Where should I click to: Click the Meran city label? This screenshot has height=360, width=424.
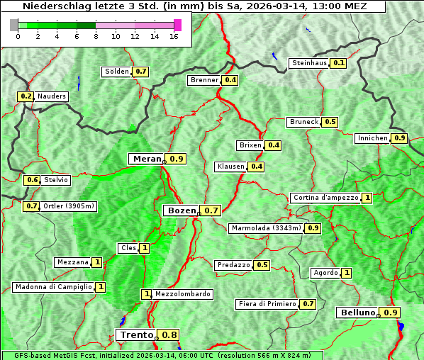[147, 159]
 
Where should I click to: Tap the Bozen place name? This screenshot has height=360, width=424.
[181, 210]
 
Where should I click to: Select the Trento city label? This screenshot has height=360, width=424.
[137, 335]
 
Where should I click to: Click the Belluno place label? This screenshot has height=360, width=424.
[356, 313]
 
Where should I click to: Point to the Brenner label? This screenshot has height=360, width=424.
[205, 81]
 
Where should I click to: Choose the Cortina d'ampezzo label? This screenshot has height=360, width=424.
[325, 198]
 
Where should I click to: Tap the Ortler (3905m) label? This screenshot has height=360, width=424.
[69, 206]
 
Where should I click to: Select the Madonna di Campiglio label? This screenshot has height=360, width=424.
[53, 287]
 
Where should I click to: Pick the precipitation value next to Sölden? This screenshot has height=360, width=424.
[141, 72]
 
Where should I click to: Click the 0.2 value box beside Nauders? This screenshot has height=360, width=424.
[26, 96]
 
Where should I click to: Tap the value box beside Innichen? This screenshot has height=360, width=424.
[400, 138]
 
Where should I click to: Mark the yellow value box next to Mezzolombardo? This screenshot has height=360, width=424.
[146, 294]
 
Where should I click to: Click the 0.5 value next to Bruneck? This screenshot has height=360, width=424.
[330, 122]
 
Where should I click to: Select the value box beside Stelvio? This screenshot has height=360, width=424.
[32, 180]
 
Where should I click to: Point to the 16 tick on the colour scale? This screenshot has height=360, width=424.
[174, 37]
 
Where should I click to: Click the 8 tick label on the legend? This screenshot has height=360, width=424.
[96, 37]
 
